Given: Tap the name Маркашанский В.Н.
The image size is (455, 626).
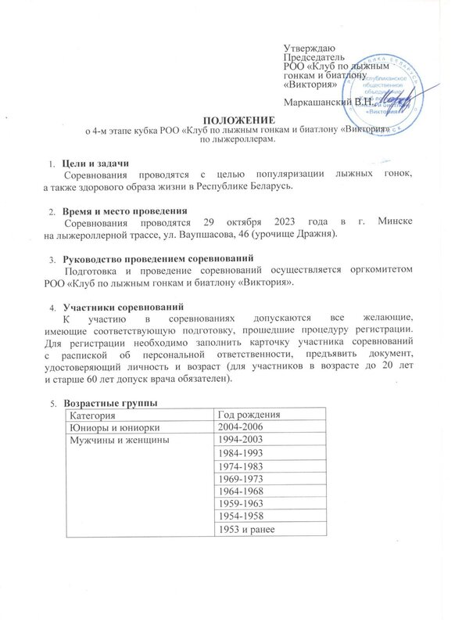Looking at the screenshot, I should coord(328,101).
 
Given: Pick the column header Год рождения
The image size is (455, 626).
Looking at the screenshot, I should coord(249,414).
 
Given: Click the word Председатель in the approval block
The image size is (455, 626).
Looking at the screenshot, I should coord(313,59).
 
